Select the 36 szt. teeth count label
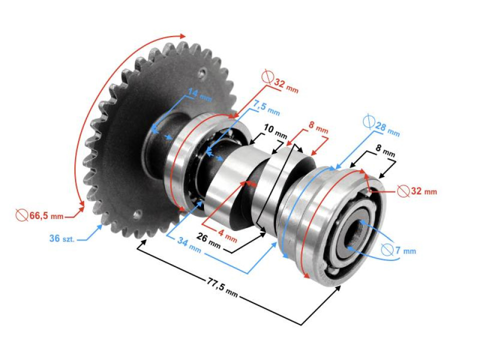coord(61,238)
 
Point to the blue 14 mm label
coord(199,93)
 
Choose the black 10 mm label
coord(275,132)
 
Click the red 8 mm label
coord(318,128)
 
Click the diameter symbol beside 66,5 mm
coord(21,215)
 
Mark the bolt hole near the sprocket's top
coord(201,73)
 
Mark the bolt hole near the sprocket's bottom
coord(137,215)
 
